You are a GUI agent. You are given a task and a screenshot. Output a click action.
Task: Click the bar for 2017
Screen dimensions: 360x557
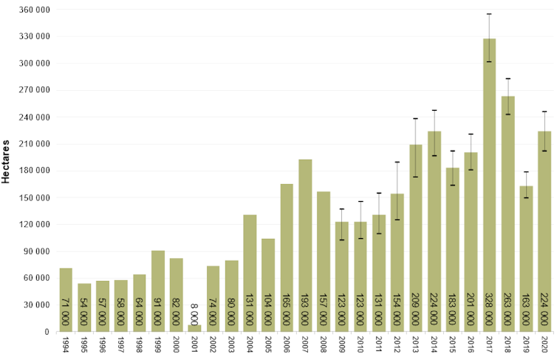489,185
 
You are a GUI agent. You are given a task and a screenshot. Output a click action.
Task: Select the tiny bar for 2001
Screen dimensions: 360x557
194,328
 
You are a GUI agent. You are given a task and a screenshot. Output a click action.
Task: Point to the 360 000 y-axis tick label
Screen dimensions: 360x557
33,10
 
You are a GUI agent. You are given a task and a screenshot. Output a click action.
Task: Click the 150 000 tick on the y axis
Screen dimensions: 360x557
33,198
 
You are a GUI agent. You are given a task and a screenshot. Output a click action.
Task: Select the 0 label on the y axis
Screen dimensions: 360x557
47,332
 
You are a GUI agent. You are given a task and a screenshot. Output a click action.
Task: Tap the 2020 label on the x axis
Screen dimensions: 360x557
544,345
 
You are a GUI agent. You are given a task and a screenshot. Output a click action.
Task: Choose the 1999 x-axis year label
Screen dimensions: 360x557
158,345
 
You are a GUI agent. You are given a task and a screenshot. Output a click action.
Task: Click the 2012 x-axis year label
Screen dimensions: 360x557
397,345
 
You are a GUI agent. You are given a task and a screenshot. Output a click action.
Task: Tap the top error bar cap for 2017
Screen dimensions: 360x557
489,14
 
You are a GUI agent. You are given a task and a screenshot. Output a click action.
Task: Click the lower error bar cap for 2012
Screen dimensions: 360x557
397,220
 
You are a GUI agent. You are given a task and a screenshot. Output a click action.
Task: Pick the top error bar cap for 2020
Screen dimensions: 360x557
544,112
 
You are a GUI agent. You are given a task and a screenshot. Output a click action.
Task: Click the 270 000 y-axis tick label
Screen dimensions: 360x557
33,90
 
